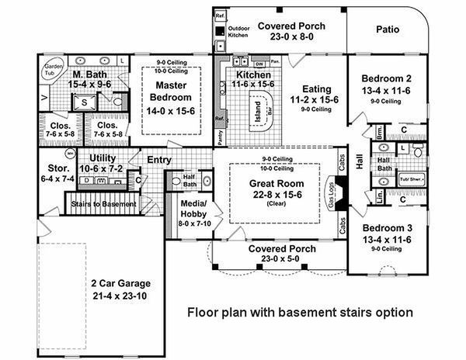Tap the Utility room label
pos(103,157)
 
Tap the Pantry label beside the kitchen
pos(221,137)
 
